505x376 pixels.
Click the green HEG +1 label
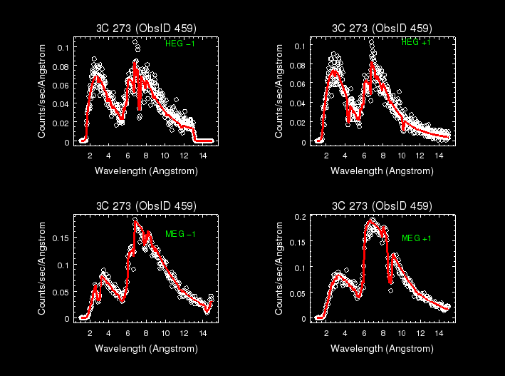[416, 43]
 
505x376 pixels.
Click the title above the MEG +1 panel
[382, 206]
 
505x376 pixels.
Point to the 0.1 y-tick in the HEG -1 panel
[64, 47]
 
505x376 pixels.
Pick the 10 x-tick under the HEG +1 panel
[402, 155]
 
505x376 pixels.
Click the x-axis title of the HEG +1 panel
[382, 171]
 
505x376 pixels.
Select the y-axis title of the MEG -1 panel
[42, 269]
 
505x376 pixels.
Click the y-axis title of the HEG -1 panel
[42, 91]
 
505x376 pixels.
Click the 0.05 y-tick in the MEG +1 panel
[298, 293]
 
